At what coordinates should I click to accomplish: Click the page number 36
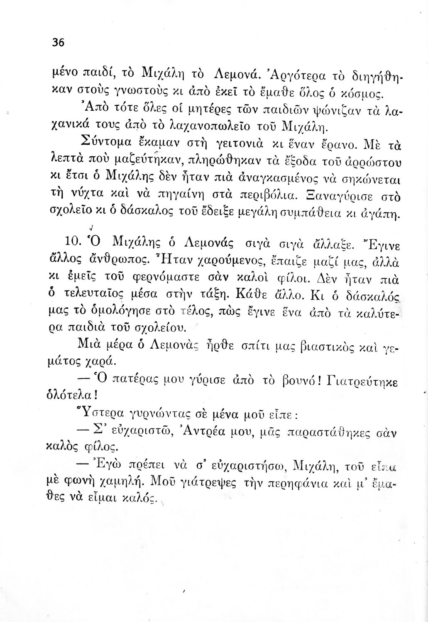click(58, 42)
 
